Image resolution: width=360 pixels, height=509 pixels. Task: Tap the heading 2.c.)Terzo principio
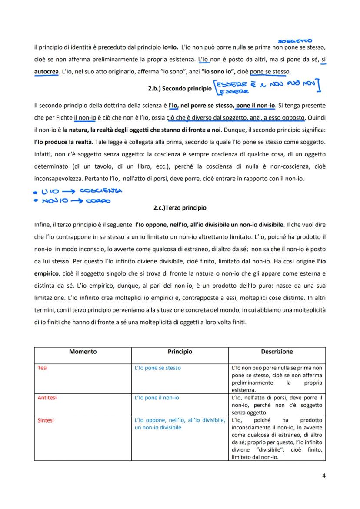point(180,208)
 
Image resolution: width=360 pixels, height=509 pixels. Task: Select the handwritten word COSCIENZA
point(103,190)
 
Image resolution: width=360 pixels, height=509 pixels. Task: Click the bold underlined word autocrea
point(46,71)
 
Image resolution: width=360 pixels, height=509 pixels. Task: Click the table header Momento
point(83,352)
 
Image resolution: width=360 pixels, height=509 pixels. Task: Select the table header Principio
point(180,352)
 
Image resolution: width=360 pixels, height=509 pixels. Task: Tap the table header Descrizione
point(277,352)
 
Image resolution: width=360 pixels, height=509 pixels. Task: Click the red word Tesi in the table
point(43,368)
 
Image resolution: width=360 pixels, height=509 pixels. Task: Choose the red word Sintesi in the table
point(46,420)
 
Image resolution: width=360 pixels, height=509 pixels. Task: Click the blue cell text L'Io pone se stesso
point(158,368)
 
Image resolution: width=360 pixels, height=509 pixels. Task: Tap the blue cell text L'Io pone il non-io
point(157,398)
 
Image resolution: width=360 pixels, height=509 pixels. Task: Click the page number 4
point(324,475)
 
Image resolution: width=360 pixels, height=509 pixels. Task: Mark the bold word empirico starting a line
point(46,274)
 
